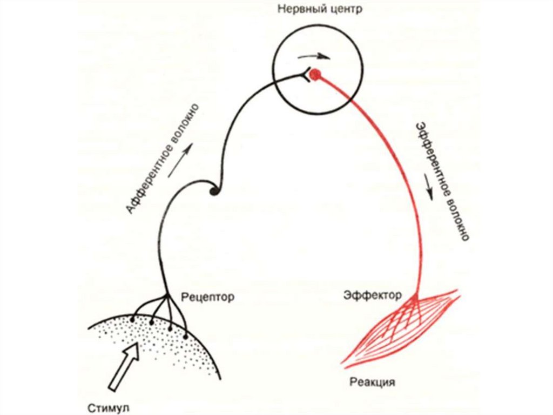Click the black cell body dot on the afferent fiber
(x=214, y=190)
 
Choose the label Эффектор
(x=372, y=295)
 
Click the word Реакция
(x=372, y=383)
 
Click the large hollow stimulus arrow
(x=124, y=367)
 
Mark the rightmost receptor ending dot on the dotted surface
(x=186, y=337)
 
